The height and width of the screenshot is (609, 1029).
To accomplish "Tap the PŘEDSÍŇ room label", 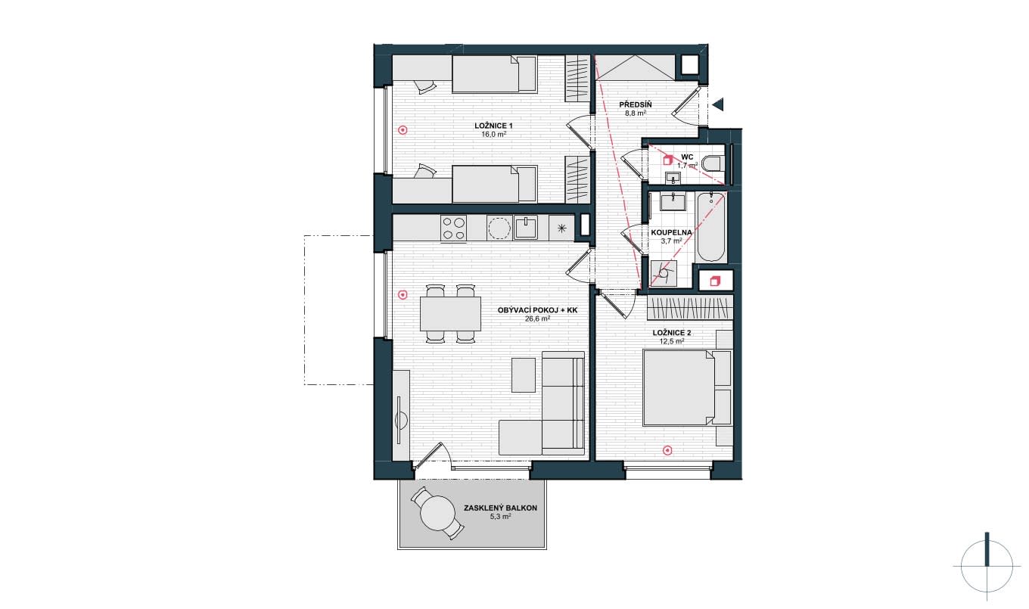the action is pos(636,104).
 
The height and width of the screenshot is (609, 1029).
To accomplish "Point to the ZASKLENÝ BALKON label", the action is pos(500,508).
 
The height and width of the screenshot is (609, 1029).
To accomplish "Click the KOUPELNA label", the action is pos(671,232).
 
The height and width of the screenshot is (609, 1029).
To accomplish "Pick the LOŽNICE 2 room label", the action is pos(672,333).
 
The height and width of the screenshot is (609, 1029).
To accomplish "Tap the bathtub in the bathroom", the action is pos(711,228).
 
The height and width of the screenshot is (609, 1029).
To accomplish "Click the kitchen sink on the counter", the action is pos(525,228).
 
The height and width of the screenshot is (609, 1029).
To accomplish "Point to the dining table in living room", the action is pos(450,314).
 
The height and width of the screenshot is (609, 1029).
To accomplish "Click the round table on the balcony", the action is pos(437,514).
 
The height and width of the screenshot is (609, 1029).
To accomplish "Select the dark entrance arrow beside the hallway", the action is pos(718,104).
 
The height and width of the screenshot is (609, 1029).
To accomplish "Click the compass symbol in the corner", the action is pos(986,567).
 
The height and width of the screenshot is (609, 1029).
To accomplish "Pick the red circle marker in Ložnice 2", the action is pos(667,451).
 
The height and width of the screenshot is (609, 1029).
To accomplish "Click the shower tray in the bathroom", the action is pos(664,273).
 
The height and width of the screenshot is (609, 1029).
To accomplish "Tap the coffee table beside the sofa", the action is pos(524,375).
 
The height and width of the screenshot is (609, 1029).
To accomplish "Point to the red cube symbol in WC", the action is pos(667,160).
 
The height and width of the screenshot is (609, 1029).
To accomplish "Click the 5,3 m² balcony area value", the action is pos(500,517).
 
